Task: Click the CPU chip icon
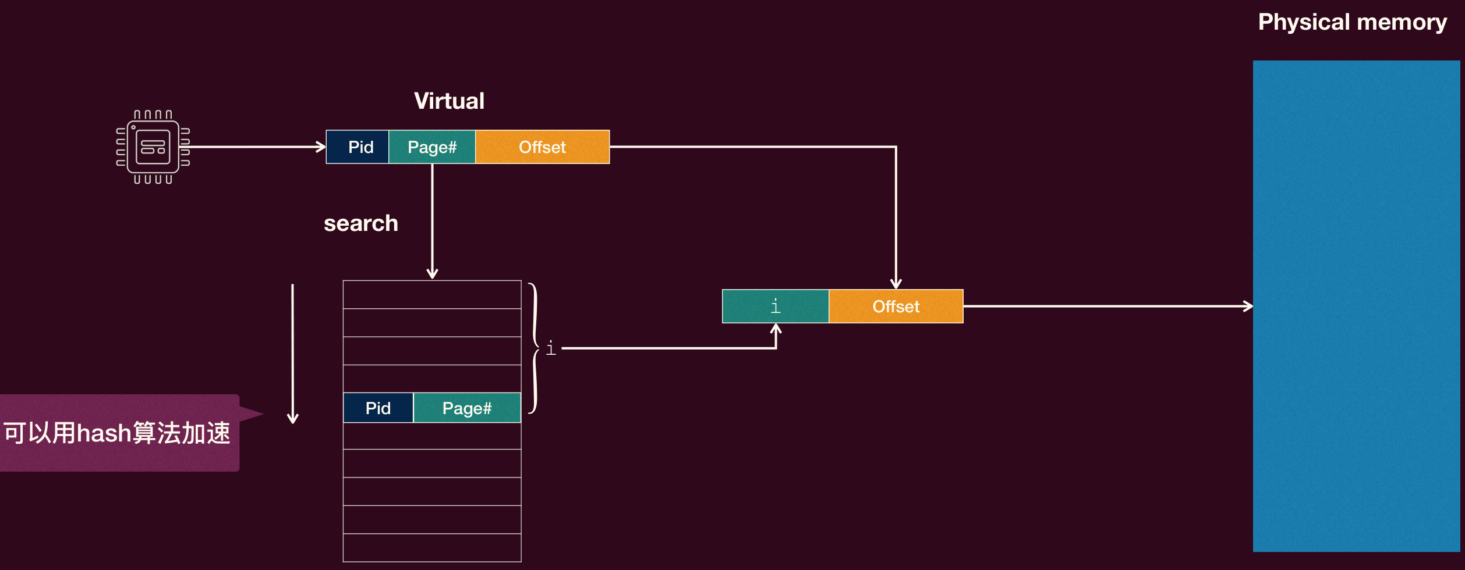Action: tap(153, 147)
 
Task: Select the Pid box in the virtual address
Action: tap(358, 147)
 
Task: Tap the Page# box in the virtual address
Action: tap(432, 147)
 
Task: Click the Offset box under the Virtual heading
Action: tap(543, 147)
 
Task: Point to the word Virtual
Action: tap(449, 101)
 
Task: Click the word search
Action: tap(361, 223)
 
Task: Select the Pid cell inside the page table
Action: tap(378, 408)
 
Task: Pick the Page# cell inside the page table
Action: tap(467, 408)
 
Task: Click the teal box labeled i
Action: tap(776, 306)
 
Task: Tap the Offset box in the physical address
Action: tap(896, 306)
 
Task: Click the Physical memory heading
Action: tap(1353, 22)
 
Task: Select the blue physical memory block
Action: tap(1357, 306)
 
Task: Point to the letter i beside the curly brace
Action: tap(551, 348)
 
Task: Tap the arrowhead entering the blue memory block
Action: tap(1248, 306)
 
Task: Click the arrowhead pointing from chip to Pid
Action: tap(321, 147)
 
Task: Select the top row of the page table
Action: tap(432, 295)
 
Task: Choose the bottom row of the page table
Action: tap(432, 548)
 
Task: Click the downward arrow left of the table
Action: tap(292, 354)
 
